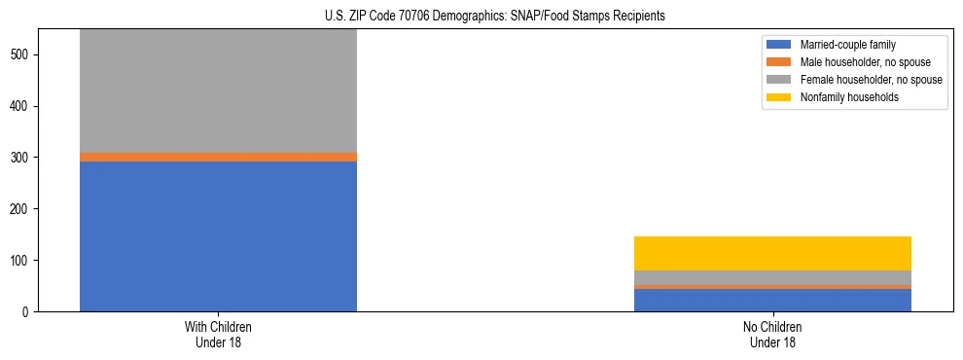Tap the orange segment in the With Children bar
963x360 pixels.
tap(218, 157)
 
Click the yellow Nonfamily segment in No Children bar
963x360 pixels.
tap(772, 253)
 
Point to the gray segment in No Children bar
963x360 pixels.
tap(772, 277)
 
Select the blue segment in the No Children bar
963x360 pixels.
tap(772, 300)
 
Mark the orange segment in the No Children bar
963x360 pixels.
tap(772, 287)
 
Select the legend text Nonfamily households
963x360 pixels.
tap(843, 97)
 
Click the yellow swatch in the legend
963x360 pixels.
tap(779, 97)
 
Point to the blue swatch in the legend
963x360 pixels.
tap(779, 45)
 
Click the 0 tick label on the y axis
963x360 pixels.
tap(28, 312)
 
